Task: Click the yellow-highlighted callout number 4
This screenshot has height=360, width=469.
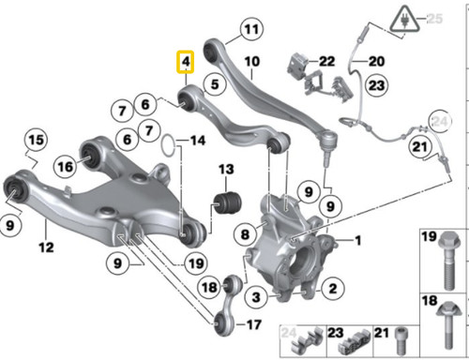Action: (186, 62)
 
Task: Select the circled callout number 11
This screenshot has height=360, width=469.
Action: (250, 31)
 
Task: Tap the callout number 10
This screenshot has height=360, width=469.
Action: (251, 63)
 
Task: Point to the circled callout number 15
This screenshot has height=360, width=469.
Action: (35, 142)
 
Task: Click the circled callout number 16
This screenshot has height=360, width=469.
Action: (64, 166)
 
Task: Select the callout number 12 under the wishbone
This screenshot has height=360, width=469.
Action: (46, 248)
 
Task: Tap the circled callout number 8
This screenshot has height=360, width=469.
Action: (245, 233)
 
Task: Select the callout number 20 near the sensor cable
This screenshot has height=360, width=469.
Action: (375, 62)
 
